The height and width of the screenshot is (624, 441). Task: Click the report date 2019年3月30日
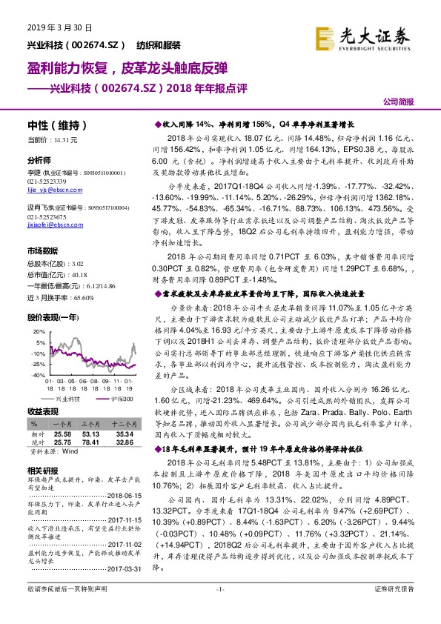48,27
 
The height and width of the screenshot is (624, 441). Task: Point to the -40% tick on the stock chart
36,376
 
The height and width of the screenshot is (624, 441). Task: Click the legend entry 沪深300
122,399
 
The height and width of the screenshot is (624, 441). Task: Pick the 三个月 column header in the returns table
90,421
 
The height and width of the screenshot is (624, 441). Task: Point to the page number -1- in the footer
219,609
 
